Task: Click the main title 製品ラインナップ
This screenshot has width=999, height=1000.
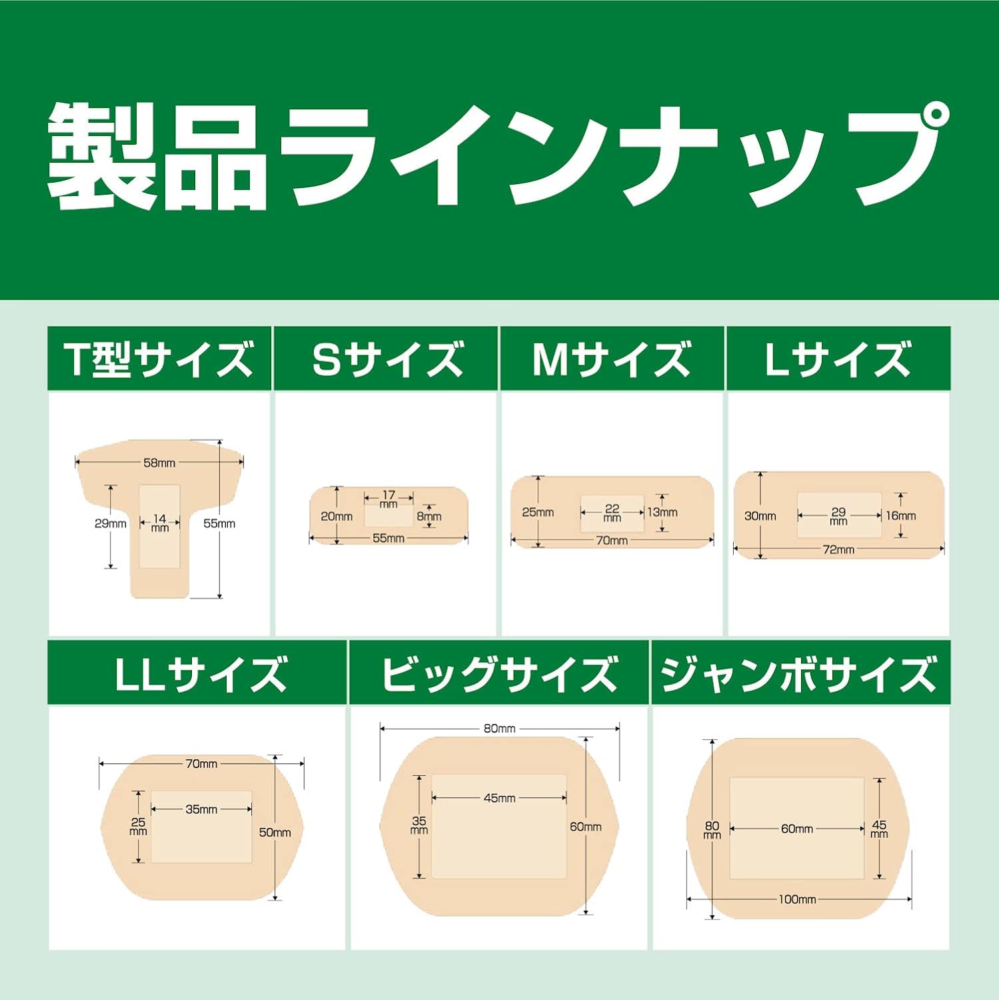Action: click(499, 155)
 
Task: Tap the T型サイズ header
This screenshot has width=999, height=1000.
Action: click(159, 359)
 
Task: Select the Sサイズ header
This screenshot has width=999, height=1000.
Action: click(387, 359)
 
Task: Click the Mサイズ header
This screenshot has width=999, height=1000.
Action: click(612, 359)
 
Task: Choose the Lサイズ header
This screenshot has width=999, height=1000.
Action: click(838, 359)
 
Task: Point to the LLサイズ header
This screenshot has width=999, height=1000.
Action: click(199, 673)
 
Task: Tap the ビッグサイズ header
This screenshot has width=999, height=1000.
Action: click(499, 673)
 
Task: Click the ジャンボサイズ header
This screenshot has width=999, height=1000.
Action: click(799, 673)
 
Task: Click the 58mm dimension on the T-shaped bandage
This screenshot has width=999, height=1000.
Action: click(159, 463)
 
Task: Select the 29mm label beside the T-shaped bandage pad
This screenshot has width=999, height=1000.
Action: click(110, 524)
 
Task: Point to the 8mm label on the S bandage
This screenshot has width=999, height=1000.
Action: click(429, 517)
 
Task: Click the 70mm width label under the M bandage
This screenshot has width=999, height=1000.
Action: click(612, 541)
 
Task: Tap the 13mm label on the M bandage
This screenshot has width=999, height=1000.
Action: click(662, 513)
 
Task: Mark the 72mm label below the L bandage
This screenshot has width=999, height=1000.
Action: click(838, 550)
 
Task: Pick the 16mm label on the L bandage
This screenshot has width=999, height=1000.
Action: click(900, 516)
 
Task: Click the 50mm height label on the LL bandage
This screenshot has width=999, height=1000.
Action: click(275, 833)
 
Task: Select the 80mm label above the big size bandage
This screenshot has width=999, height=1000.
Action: click(499, 729)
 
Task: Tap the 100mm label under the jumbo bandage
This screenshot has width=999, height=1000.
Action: click(797, 900)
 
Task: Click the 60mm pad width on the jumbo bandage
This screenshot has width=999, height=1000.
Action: click(797, 829)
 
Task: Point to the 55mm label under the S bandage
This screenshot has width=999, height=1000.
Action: click(388, 539)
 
